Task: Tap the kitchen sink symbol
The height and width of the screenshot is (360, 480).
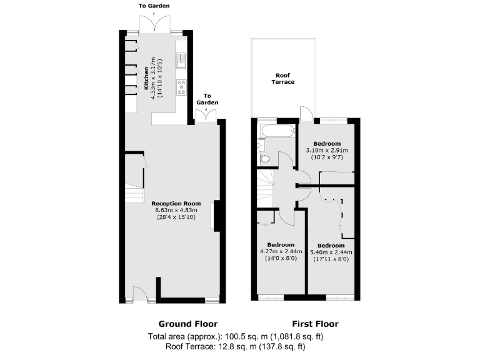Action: (182, 60)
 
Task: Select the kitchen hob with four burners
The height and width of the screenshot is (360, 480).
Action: (182, 86)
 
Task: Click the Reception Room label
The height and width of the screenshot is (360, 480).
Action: (176, 203)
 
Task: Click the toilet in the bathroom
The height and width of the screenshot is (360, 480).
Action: (266, 159)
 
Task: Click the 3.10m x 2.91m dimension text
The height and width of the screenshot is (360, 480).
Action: (327, 151)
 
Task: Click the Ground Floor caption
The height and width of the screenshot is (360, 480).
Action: (188, 324)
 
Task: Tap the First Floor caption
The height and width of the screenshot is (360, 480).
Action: (315, 324)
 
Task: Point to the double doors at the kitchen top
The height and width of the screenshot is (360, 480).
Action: (153, 25)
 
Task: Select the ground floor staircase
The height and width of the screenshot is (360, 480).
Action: (134, 194)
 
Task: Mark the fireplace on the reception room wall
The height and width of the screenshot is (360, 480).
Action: (216, 216)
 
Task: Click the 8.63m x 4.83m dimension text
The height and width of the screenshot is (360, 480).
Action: (176, 210)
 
